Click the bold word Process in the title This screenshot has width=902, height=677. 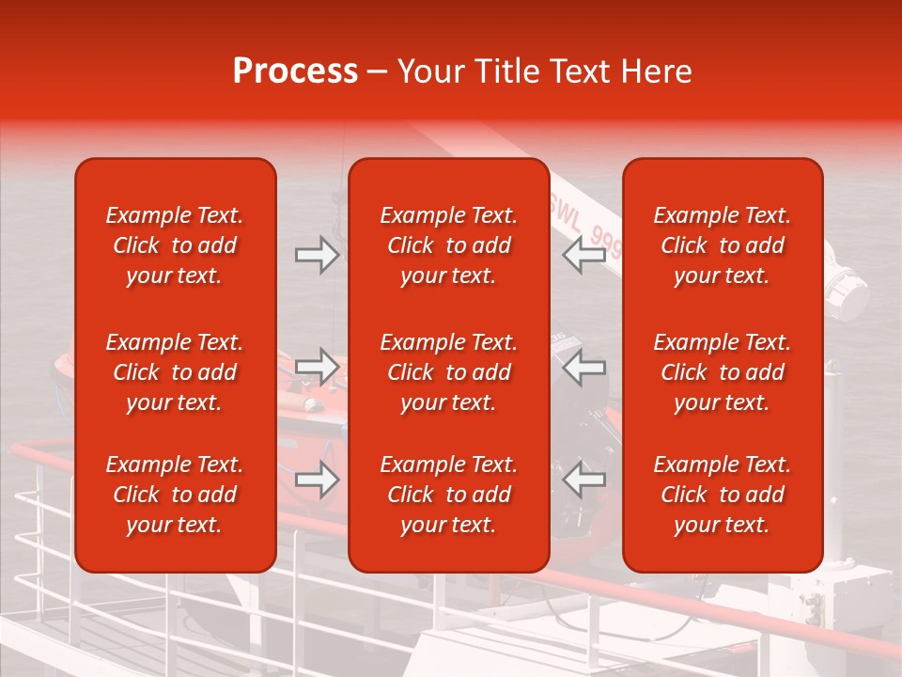295,71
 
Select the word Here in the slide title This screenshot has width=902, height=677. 653,71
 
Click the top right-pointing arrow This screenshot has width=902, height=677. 317,255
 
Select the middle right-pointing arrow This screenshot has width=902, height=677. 317,367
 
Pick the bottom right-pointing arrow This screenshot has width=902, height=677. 317,480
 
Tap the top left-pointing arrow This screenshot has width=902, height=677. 583,255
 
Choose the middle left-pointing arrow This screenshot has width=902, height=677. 583,367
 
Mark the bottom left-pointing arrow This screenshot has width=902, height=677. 583,480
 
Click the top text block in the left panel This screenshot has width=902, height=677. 175,245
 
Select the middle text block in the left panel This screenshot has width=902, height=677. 175,372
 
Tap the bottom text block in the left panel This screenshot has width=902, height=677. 175,495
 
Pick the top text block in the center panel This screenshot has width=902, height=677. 449,245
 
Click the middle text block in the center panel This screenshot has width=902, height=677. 449,372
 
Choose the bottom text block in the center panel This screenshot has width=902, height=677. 449,495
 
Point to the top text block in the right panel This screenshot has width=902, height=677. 723,245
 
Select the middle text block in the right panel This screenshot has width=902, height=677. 723,372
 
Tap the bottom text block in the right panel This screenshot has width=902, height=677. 723,495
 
